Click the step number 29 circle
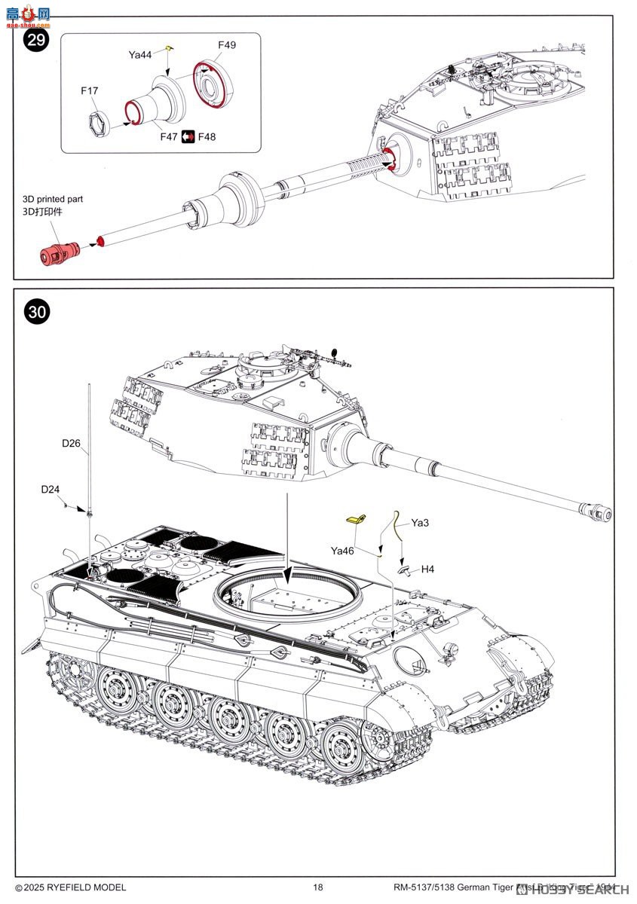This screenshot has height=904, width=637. (36, 40)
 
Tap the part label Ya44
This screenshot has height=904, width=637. (139, 54)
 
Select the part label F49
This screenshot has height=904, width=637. (227, 44)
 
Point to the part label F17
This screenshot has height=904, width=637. (90, 91)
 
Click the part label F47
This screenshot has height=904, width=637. (170, 136)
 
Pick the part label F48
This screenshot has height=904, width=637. (207, 136)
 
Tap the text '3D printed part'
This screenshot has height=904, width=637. (52, 200)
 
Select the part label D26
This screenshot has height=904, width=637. (71, 443)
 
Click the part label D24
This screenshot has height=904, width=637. (50, 490)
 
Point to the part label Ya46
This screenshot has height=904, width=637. (342, 551)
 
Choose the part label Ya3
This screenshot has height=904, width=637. (420, 522)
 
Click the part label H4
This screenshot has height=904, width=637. (427, 570)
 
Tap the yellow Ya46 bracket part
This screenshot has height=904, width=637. (356, 519)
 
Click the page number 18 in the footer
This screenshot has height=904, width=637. (318, 887)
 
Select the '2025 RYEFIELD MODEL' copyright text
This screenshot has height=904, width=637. (71, 887)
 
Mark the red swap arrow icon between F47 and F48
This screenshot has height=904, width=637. (188, 136)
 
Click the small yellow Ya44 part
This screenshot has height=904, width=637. (170, 50)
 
